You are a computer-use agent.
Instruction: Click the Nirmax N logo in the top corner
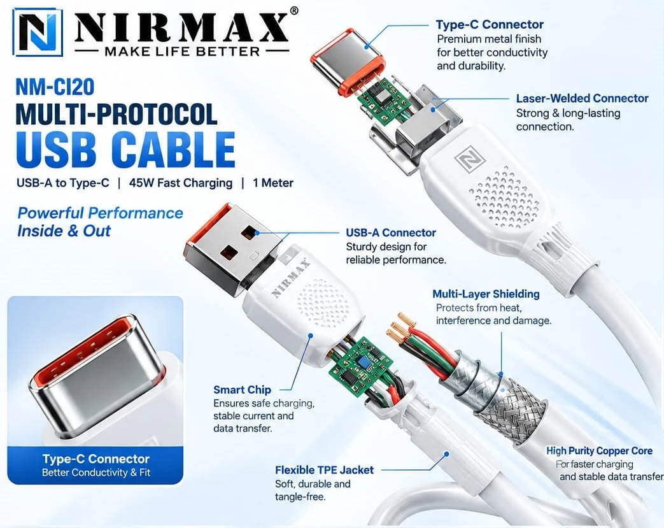(38, 32)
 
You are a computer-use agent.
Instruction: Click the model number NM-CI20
(55, 87)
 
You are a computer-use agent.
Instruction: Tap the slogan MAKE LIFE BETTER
(182, 52)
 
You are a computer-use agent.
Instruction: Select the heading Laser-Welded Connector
(583, 98)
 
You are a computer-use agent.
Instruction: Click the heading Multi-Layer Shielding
(486, 294)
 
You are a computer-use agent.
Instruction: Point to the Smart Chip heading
(242, 389)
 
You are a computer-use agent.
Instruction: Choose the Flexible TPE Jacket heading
(325, 470)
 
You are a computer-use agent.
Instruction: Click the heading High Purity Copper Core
(599, 451)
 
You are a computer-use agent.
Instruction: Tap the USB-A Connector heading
(391, 232)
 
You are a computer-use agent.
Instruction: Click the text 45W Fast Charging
(181, 183)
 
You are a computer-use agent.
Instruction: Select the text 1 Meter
(273, 183)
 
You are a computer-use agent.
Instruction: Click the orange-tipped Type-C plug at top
(348, 62)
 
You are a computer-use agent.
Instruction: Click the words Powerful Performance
(101, 213)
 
